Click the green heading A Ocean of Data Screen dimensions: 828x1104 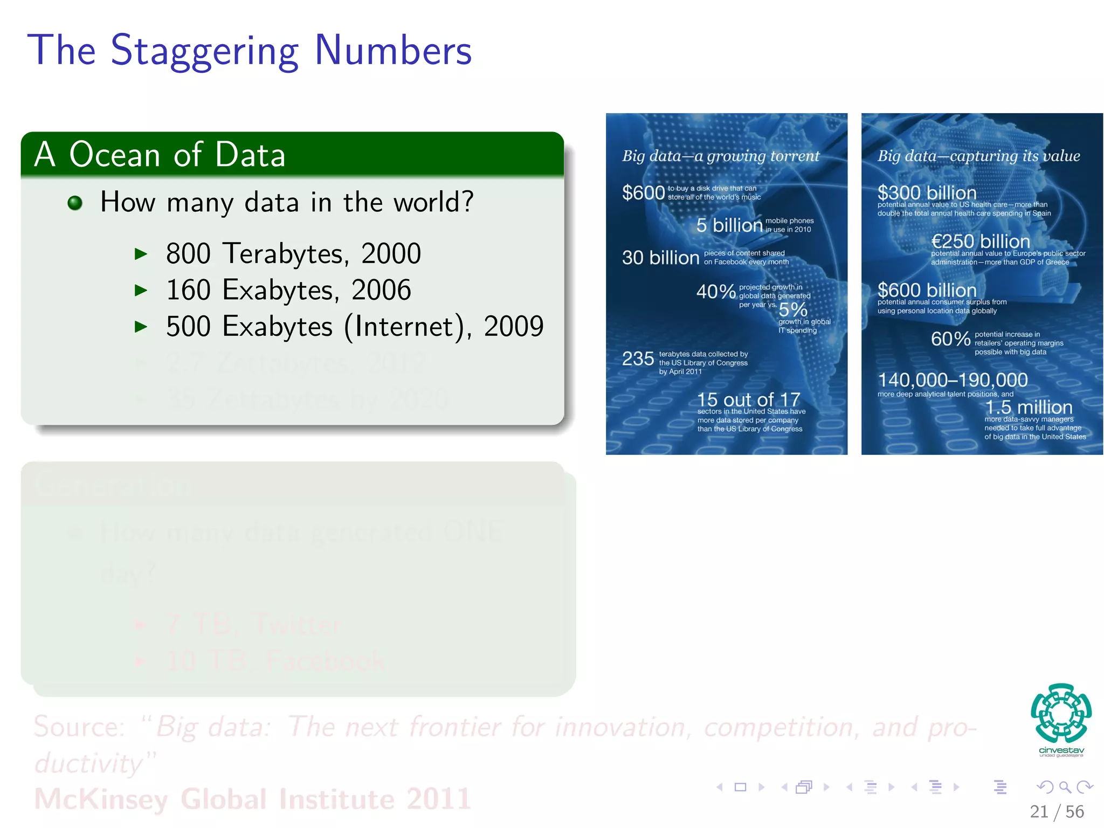tap(160, 155)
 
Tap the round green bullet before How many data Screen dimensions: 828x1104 tap(75, 203)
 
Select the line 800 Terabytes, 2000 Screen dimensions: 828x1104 tap(293, 253)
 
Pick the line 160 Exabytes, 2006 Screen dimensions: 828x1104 tap(288, 290)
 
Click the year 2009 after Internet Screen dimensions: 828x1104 tap(513, 327)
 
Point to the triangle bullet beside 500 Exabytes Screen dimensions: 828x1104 tap(141, 327)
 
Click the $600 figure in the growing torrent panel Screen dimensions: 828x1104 tap(643, 192)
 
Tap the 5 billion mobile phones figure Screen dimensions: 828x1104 tap(729, 225)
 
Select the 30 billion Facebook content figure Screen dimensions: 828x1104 tap(660, 258)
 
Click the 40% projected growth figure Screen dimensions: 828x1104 tap(715, 292)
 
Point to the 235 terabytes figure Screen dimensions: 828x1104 tap(638, 358)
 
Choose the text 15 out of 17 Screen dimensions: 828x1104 tap(748, 399)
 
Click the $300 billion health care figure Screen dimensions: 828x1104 tap(927, 192)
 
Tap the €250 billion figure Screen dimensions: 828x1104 tap(980, 241)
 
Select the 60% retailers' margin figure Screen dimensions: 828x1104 tap(950, 339)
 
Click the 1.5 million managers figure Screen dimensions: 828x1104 tap(1029, 407)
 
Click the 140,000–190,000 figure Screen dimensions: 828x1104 tap(953, 380)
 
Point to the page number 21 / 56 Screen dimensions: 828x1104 tap(1056, 811)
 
